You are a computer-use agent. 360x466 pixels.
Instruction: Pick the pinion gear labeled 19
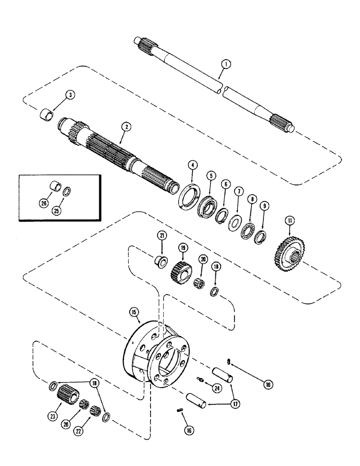[x=180, y=270]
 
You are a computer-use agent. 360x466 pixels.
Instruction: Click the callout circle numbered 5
[x=211, y=176]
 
